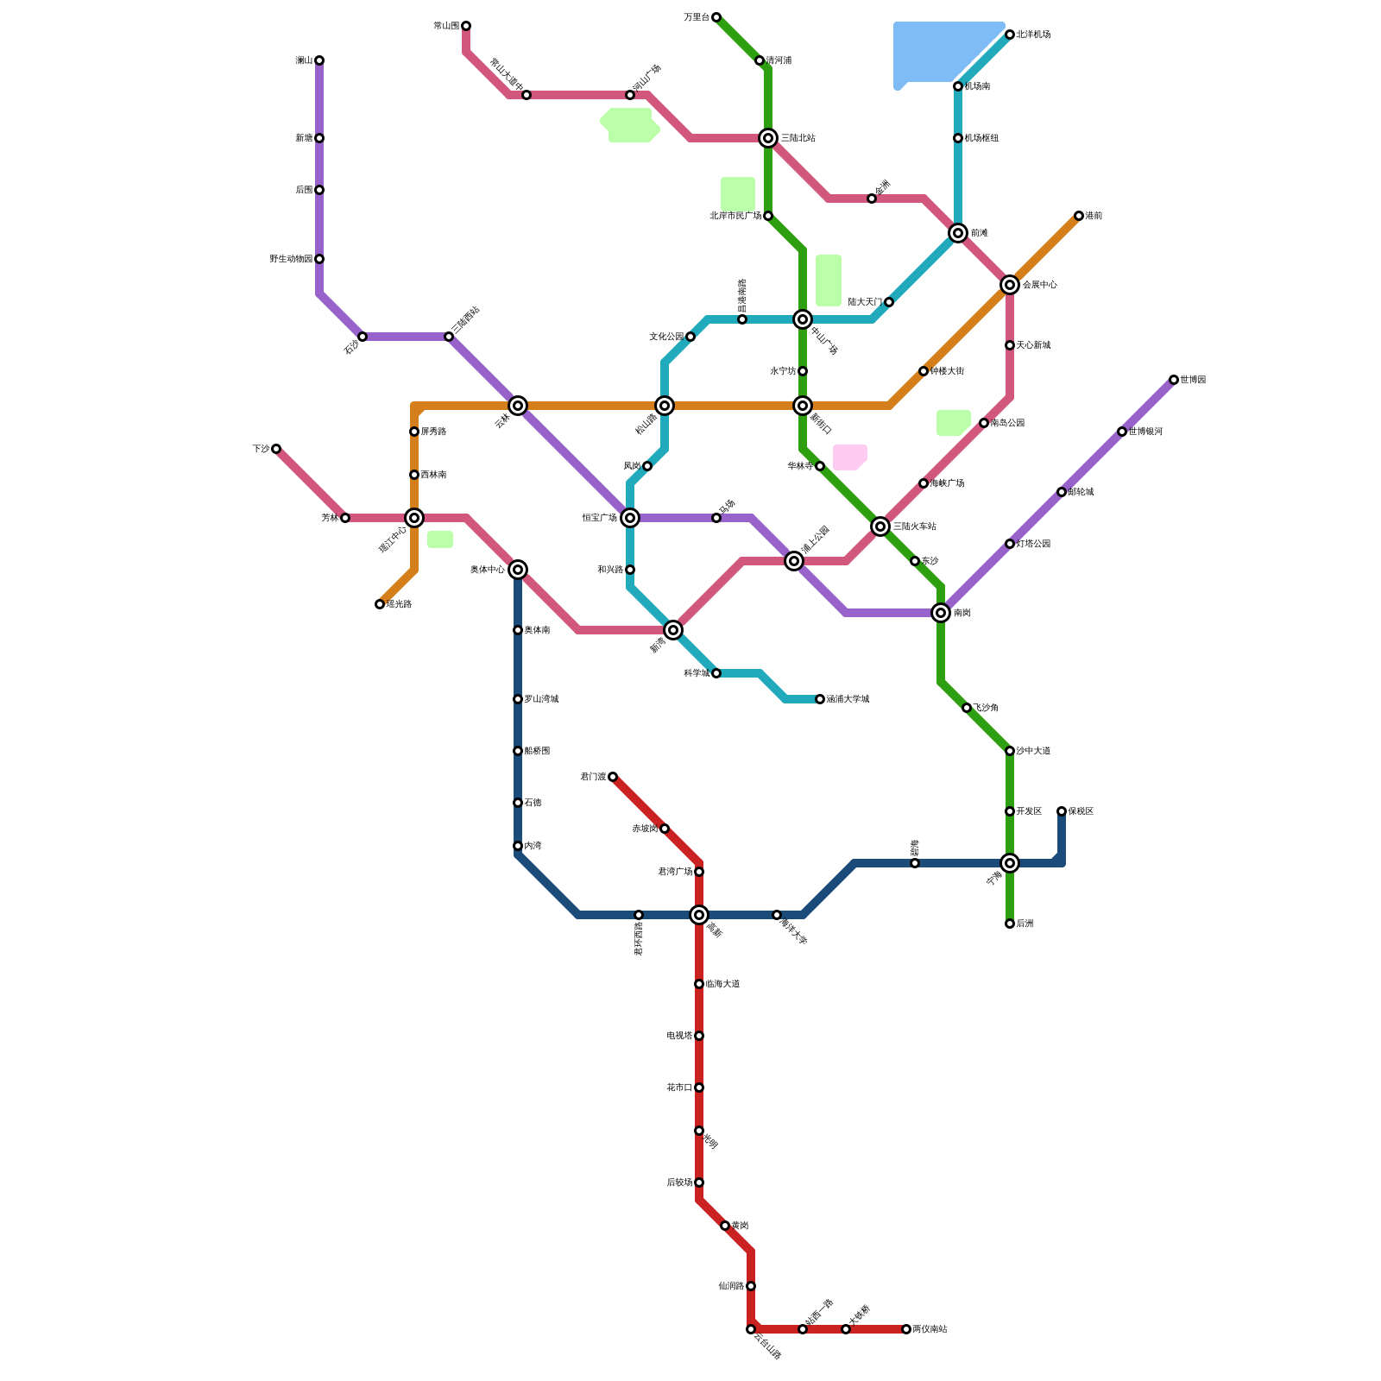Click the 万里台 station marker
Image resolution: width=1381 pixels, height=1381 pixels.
click(716, 17)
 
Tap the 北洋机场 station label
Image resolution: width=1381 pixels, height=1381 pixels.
click(1033, 35)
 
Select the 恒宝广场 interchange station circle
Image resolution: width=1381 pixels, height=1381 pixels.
click(630, 518)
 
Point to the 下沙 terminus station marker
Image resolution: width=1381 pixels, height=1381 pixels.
click(276, 449)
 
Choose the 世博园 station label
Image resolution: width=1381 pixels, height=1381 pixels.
click(1193, 380)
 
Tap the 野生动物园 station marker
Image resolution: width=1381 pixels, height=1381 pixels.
click(319, 259)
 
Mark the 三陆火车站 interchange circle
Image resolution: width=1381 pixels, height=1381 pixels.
click(880, 527)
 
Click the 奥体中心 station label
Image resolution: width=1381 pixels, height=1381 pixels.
click(488, 570)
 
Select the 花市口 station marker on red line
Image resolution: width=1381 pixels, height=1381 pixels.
click(699, 1088)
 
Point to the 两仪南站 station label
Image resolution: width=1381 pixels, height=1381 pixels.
click(930, 1329)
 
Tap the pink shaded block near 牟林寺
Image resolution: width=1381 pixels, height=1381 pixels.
click(849, 457)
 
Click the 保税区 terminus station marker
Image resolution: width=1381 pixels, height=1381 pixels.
click(1062, 811)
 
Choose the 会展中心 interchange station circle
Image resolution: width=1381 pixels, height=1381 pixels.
click(1010, 285)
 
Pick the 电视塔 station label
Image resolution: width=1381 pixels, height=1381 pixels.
click(679, 1036)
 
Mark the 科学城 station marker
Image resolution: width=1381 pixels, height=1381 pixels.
click(716, 673)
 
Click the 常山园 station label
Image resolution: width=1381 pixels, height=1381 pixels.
click(446, 26)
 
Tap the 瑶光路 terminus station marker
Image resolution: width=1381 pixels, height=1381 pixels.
click(380, 604)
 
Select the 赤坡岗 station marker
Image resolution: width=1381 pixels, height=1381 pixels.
click(665, 829)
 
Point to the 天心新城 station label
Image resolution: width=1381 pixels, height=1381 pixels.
click(1033, 345)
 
